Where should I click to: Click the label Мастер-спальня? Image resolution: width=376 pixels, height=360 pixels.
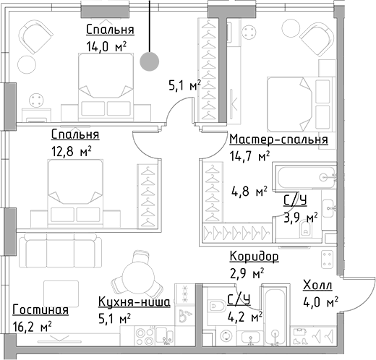coord(278,140)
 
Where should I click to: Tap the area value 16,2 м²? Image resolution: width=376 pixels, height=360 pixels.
coord(32,327)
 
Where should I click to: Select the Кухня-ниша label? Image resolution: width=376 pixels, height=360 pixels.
coord(134,302)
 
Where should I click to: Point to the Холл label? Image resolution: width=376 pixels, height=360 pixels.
coord(317,286)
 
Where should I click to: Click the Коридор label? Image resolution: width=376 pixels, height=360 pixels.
coord(254,256)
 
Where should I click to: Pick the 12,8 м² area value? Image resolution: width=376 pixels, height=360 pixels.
coord(71,152)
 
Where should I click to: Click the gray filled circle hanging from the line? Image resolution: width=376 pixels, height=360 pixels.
coord(150,61)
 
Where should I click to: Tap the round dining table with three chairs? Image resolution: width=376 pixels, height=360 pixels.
coord(138,275)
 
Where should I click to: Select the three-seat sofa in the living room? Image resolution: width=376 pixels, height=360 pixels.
coord(60,250)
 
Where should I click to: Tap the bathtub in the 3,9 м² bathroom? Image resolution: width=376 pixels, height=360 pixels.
coord(306,178)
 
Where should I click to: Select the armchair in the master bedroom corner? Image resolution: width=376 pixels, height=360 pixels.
coord(317,37)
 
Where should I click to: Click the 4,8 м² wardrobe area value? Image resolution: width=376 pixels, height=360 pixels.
coord(249,192)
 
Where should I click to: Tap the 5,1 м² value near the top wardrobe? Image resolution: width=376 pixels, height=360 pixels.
coord(185,85)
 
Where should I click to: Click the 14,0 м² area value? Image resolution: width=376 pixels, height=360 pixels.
coord(106,46)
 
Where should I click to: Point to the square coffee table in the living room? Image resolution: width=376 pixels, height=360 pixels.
coord(61,293)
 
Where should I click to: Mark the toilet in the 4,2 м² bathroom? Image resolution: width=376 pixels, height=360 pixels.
coord(217,306)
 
